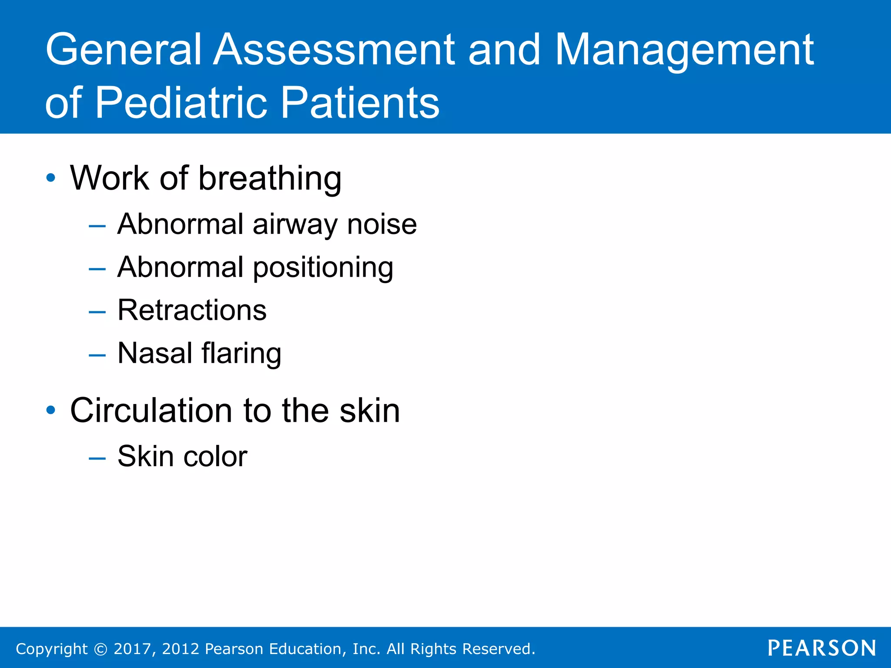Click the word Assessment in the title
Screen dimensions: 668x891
coord(335,50)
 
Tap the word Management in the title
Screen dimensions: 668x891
coord(684,50)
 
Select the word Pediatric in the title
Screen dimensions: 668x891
coord(180,103)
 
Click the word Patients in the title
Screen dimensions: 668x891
coord(360,103)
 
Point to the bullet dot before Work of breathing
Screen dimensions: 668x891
coord(51,178)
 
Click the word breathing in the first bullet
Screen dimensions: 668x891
coord(270,179)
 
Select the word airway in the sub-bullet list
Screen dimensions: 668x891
coord(295,225)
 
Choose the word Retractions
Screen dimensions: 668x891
coord(192,311)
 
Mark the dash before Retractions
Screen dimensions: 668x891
coord(97,312)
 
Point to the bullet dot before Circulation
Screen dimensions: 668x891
coord(51,410)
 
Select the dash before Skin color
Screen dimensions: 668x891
coord(97,458)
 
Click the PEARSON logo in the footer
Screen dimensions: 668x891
coord(821,648)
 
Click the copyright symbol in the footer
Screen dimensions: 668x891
coord(100,649)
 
